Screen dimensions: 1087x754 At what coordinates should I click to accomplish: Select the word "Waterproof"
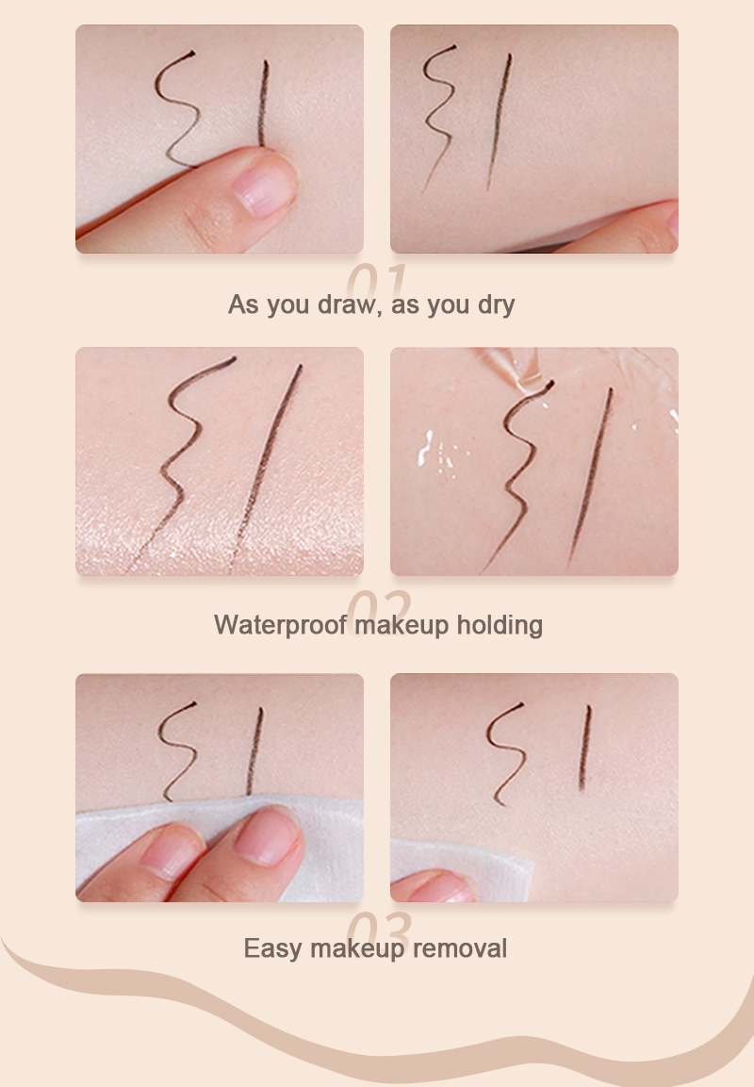tap(281, 625)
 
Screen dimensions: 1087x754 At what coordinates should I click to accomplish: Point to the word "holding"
tap(500, 625)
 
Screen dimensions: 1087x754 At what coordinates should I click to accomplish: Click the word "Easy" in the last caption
tap(273, 947)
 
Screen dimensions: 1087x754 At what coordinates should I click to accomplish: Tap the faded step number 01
tap(376, 281)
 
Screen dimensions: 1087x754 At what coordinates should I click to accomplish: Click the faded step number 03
tap(378, 929)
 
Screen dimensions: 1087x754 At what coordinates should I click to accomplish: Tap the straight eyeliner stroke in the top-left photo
tap(263, 104)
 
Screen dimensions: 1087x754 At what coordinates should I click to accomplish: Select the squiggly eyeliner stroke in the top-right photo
tap(435, 113)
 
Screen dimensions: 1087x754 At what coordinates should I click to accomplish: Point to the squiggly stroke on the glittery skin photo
tap(184, 443)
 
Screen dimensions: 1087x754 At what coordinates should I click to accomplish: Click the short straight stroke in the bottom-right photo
tap(585, 745)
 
